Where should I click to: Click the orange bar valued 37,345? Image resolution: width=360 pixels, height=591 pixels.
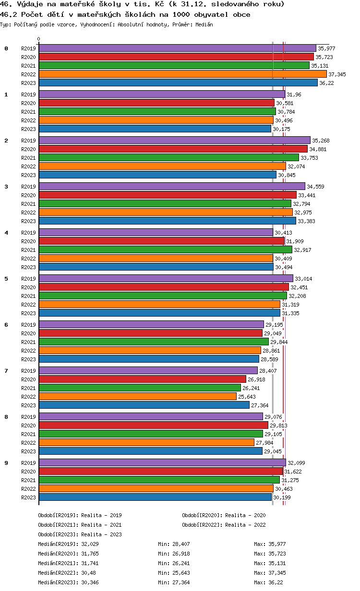click(x=182, y=74)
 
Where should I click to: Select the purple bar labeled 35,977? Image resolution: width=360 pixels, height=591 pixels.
click(x=177, y=48)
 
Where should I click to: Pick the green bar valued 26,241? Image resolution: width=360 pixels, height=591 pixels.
click(x=140, y=388)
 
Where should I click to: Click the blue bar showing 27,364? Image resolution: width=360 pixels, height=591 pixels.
click(x=144, y=405)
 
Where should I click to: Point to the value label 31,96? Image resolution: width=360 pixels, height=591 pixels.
click(x=294, y=95)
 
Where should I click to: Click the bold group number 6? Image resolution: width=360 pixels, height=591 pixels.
click(x=6, y=325)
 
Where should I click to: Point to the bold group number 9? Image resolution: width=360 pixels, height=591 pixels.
click(x=6, y=463)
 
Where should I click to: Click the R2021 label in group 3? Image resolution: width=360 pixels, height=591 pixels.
click(x=28, y=204)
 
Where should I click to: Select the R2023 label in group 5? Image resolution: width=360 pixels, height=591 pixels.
click(x=28, y=313)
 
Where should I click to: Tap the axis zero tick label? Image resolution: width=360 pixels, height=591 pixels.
click(x=39, y=39)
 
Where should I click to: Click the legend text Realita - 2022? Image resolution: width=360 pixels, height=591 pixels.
click(x=245, y=525)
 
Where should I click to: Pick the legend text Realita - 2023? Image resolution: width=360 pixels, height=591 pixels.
click(x=101, y=534)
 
